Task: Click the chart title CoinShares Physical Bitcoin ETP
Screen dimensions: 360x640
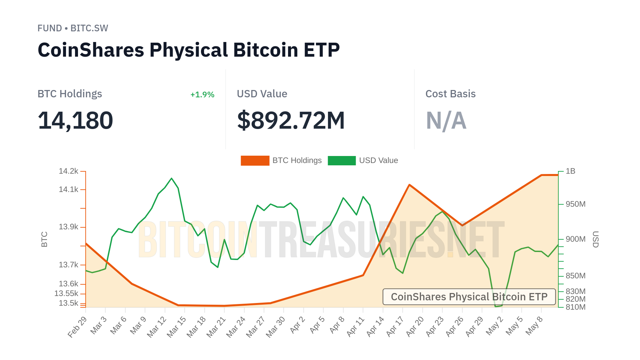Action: (189, 50)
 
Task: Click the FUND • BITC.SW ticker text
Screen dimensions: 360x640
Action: (73, 28)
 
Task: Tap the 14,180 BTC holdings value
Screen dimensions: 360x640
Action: (75, 120)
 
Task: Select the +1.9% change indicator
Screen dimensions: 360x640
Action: (202, 95)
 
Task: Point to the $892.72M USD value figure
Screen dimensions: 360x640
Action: (291, 120)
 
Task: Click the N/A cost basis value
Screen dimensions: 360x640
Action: (446, 120)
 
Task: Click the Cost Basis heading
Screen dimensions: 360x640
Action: (450, 94)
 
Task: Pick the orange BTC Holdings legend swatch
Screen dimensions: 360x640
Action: (255, 161)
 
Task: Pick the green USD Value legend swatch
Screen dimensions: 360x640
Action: (342, 161)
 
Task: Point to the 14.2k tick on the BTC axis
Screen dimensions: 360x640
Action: (68, 171)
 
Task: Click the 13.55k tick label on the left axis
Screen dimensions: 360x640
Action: (66, 294)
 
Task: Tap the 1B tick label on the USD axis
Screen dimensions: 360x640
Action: (570, 171)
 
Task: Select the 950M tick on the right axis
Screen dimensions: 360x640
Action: (575, 204)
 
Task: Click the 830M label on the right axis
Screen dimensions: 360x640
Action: (575, 291)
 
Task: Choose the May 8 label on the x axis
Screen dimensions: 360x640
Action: (534, 326)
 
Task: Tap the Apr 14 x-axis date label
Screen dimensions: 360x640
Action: (375, 327)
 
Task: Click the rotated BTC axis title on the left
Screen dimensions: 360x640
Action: (44, 239)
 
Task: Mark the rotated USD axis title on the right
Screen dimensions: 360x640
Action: (595, 239)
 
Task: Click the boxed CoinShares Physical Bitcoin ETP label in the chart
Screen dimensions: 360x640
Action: (469, 297)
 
